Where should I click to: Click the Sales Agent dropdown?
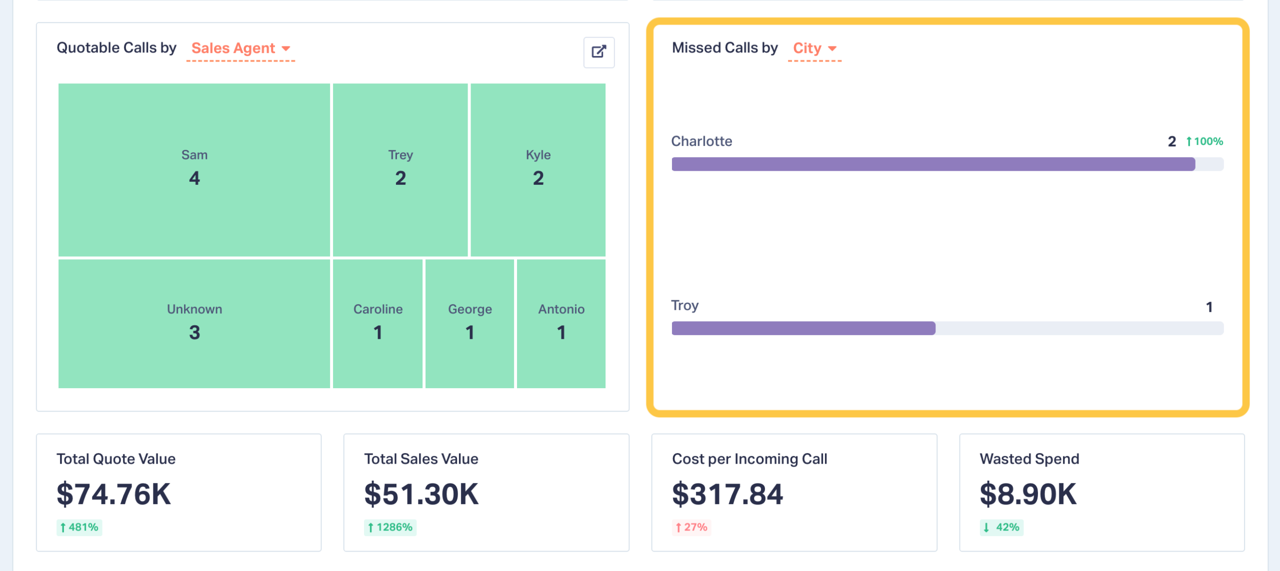pos(240,48)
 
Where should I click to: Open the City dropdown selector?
pos(814,48)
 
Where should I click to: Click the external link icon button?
pos(598,52)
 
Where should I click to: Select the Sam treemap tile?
pos(194,169)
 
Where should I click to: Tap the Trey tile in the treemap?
pos(400,169)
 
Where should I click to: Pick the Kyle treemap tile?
pos(537,169)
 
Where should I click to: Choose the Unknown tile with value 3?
pos(194,323)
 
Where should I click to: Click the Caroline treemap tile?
pos(377,323)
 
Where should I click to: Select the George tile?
pos(469,323)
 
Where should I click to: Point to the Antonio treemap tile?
pos(561,323)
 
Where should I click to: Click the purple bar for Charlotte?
pos(933,164)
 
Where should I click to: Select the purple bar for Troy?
pos(803,328)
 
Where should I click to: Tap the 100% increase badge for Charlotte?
pos(1204,141)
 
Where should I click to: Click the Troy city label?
pos(684,305)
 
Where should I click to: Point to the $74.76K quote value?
pos(114,494)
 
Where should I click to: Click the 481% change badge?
pos(79,527)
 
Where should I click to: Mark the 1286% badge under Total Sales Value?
pos(390,527)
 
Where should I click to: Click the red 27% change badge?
pos(691,527)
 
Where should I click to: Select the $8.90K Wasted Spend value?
pos(1028,494)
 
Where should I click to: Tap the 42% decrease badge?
pos(1001,527)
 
